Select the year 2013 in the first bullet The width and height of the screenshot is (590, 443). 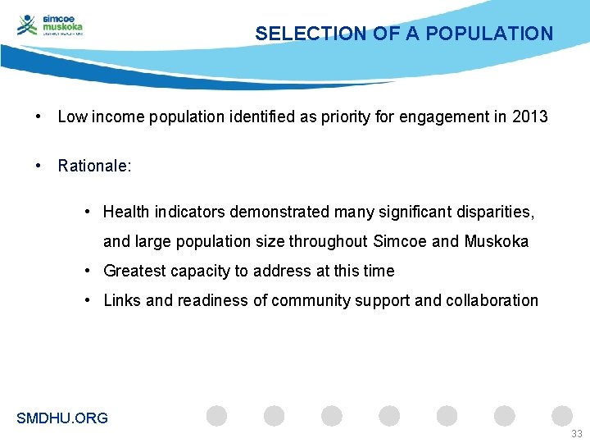529,116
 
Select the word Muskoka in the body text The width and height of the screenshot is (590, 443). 497,241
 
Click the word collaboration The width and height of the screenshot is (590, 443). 492,300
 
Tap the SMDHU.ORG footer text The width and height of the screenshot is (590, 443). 62,418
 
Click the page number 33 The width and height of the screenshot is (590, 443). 577,433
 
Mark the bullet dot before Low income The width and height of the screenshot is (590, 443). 39,116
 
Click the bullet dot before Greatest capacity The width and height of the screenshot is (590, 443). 87,271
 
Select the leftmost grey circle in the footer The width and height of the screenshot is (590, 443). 216,416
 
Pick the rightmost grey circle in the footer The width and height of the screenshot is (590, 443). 562,416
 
